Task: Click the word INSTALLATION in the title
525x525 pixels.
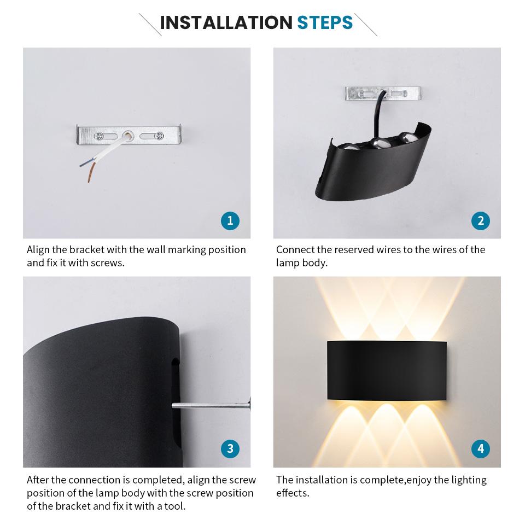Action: [x=226, y=22]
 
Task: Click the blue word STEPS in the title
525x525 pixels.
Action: [x=325, y=22]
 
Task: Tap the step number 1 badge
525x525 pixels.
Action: [x=230, y=220]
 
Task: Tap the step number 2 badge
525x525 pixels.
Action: [x=480, y=220]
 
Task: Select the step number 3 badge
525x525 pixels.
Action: [x=230, y=449]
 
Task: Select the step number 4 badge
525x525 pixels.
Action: [x=480, y=449]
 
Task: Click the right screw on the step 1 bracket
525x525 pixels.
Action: [x=158, y=135]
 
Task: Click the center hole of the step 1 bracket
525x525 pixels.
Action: [x=128, y=134]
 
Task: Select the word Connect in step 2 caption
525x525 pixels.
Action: [x=295, y=250]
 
